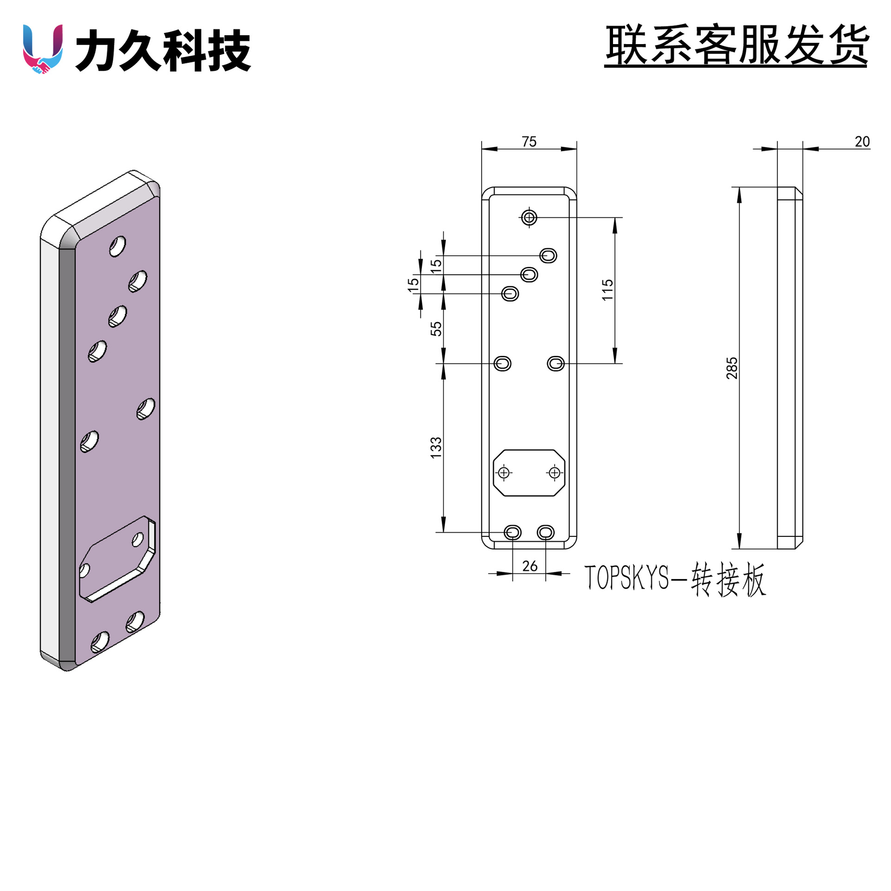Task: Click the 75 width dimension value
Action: pos(529,142)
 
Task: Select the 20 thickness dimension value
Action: pos(862,142)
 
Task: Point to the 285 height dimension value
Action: pos(732,368)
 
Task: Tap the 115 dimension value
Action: pos(607,290)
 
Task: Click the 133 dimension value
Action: pos(436,448)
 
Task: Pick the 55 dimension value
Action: pos(436,329)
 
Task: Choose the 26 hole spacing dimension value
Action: pos(529,566)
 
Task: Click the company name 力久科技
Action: pos(163,50)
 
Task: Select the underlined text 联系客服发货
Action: pos(736,45)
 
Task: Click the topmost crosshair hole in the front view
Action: pos(529,217)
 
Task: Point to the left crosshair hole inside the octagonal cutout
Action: pos(504,472)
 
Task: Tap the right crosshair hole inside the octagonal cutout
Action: pos(554,472)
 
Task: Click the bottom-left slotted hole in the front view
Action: pos(513,532)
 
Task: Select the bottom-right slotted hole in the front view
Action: pos(546,532)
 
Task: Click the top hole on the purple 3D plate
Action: pos(117,246)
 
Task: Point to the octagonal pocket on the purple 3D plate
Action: pos(117,559)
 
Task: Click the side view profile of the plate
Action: pos(790,368)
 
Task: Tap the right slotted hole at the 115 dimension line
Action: pos(556,363)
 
